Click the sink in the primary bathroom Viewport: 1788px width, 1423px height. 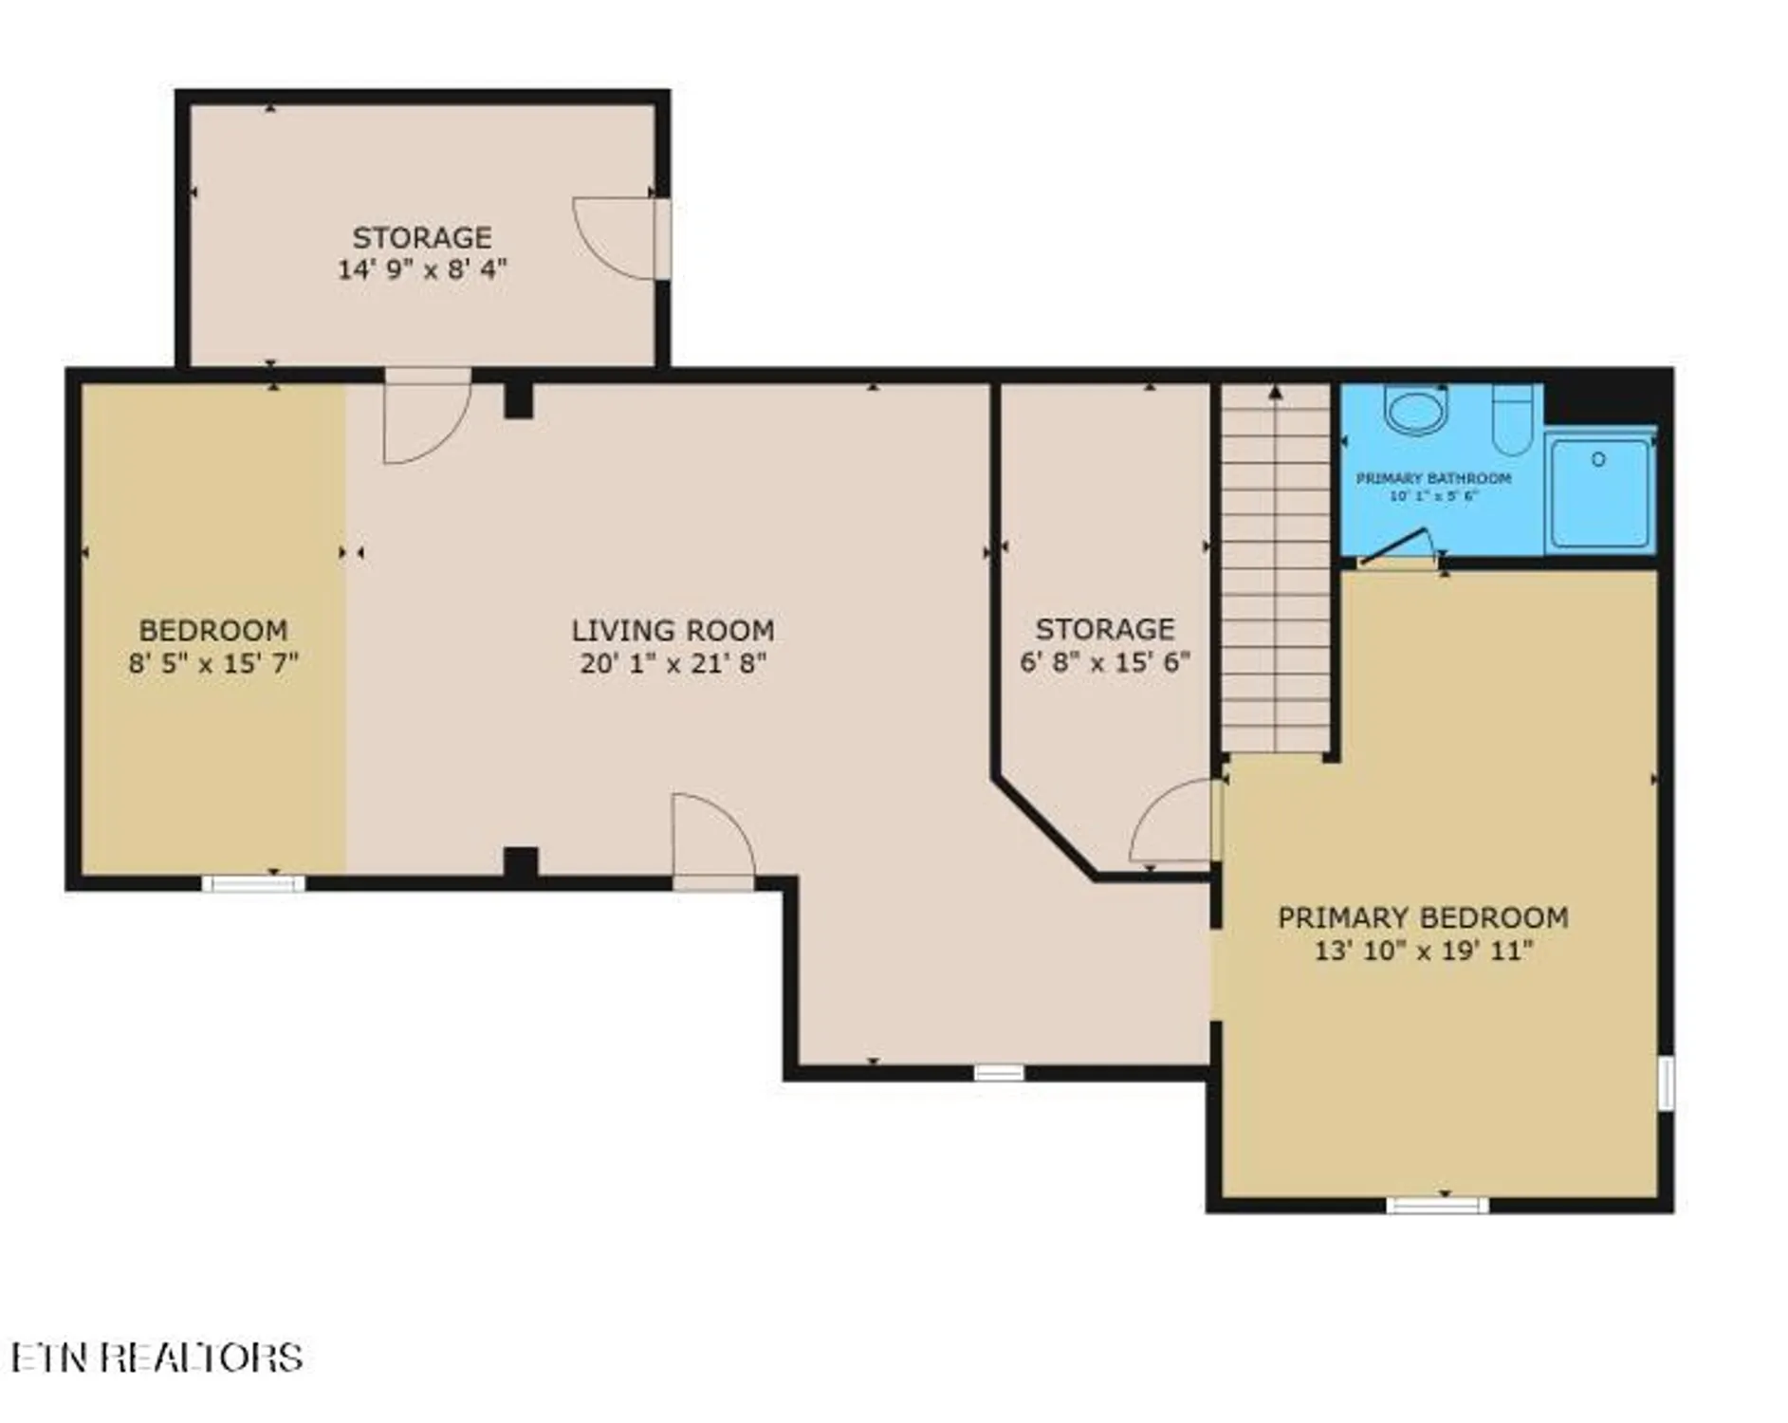click(1414, 411)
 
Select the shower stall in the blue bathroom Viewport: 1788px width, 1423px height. click(1599, 492)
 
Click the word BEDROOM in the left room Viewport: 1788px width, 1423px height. click(213, 630)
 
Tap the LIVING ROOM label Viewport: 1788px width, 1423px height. click(673, 630)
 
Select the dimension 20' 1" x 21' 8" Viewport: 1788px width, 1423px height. click(673, 663)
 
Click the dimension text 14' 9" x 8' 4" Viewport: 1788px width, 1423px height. click(422, 269)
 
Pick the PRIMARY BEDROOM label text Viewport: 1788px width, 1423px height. click(1422, 917)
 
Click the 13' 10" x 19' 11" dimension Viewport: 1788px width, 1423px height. click(1422, 950)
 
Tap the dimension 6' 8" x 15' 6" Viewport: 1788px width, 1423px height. click(1104, 661)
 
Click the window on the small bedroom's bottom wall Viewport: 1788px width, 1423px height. click(253, 883)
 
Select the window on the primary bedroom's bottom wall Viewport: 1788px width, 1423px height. click(1436, 1205)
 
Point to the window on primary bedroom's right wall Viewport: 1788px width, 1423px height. click(1665, 1081)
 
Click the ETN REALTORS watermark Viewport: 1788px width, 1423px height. click(157, 1358)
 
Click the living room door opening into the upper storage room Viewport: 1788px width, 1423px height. click(427, 417)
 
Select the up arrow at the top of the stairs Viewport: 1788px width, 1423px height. click(1276, 391)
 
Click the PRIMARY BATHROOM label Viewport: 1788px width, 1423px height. click(1433, 478)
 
